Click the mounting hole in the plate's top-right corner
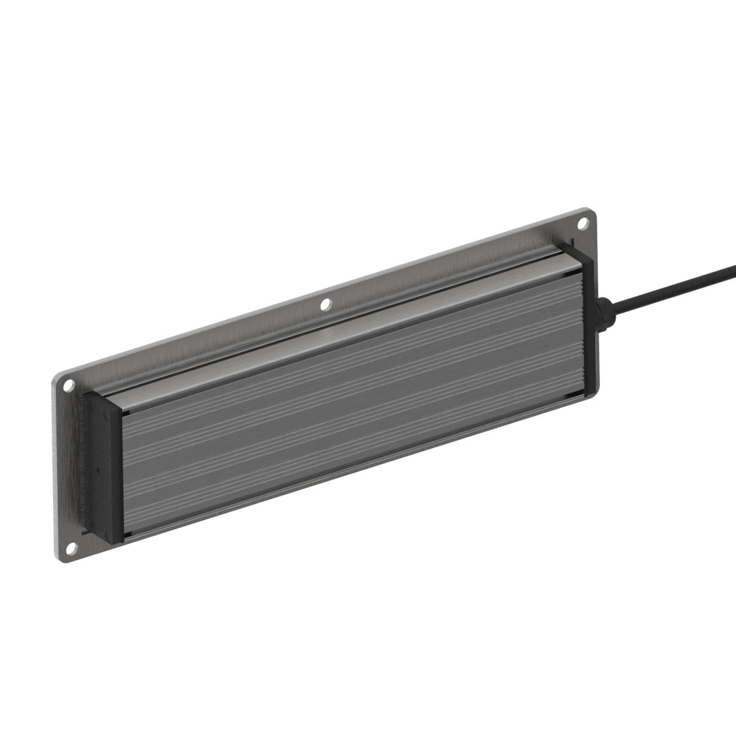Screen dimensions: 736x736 [x=582, y=223]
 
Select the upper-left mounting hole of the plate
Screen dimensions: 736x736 [x=69, y=385]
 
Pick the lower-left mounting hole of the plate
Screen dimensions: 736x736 [x=70, y=548]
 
